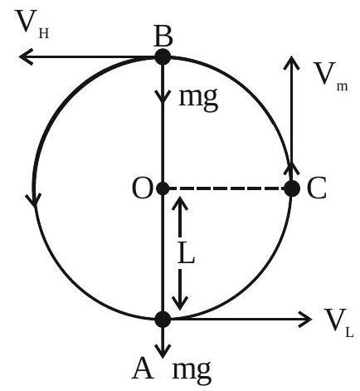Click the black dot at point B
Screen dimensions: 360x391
click(163, 56)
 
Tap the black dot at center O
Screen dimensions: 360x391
click(163, 188)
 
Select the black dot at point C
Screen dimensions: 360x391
click(292, 188)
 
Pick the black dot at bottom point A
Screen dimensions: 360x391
click(163, 319)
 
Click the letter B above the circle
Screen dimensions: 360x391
click(163, 37)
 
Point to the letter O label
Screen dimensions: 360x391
click(143, 188)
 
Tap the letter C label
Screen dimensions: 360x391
click(317, 188)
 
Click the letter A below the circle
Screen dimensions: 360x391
click(143, 369)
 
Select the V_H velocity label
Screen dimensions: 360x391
click(32, 24)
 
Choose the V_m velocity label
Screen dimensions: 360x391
click(330, 76)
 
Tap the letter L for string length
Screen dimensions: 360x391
click(186, 252)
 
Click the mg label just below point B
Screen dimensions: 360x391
click(198, 100)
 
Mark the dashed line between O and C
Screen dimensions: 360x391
click(226, 188)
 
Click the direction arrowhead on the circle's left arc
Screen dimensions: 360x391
click(34, 200)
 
